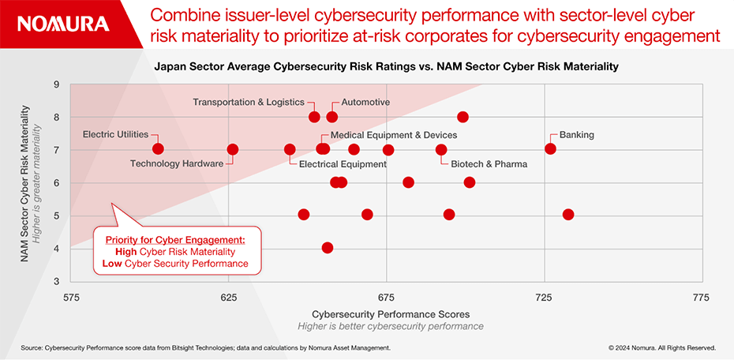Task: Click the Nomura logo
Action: pyautogui.click(x=63, y=24)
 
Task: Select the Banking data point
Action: pyautogui.click(x=550, y=149)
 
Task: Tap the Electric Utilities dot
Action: pyautogui.click(x=158, y=149)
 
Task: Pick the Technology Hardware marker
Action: pyautogui.click(x=232, y=149)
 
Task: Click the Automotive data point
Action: pyautogui.click(x=331, y=117)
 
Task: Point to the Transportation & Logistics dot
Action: pyautogui.click(x=314, y=117)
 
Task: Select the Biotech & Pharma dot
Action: pyautogui.click(x=441, y=150)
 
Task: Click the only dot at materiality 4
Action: pyautogui.click(x=328, y=248)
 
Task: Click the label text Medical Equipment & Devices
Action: pyautogui.click(x=394, y=135)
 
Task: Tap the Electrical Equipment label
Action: pyautogui.click(x=343, y=164)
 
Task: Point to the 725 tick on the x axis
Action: pyautogui.click(x=544, y=298)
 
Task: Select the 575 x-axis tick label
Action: pyautogui.click(x=71, y=298)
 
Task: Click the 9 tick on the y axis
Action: pyautogui.click(x=57, y=84)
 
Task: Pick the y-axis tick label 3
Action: pyautogui.click(x=57, y=281)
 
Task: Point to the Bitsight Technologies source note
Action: pyautogui.click(x=205, y=347)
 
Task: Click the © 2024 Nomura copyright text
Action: pyautogui.click(x=661, y=347)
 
